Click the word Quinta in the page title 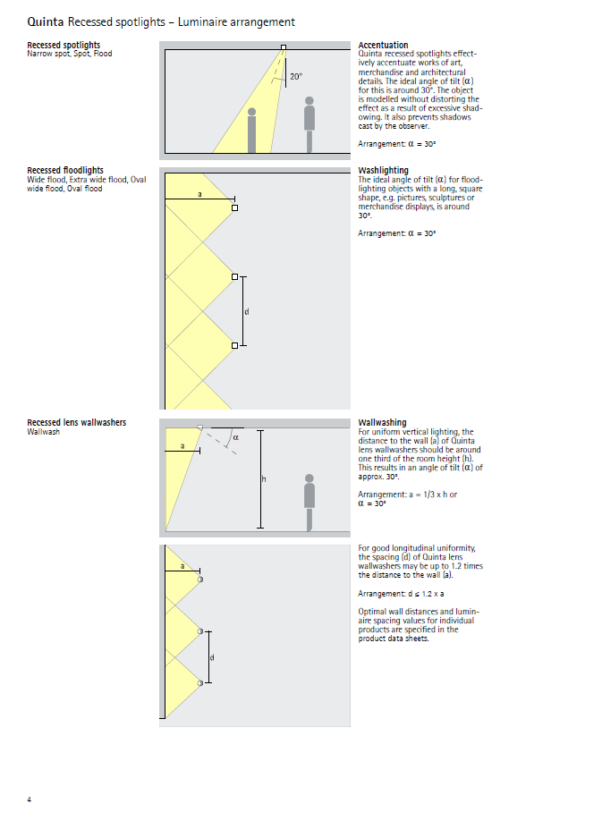click(45, 21)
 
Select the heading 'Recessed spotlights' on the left click(64, 45)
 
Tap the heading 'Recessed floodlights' click(65, 170)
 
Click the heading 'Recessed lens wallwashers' click(76, 422)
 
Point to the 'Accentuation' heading click(383, 45)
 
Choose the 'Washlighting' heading click(383, 170)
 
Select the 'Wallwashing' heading click(382, 422)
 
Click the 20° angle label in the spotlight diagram click(296, 78)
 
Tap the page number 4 click(29, 799)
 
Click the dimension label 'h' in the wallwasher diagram click(264, 480)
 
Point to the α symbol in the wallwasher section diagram click(236, 437)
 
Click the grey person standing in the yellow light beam click(252, 130)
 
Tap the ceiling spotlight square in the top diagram click(284, 47)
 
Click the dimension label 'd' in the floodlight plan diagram click(247, 311)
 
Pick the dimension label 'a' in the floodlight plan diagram click(199, 193)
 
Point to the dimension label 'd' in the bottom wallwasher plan click(212, 657)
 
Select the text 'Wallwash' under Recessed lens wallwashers click(44, 431)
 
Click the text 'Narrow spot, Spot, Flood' click(69, 54)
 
